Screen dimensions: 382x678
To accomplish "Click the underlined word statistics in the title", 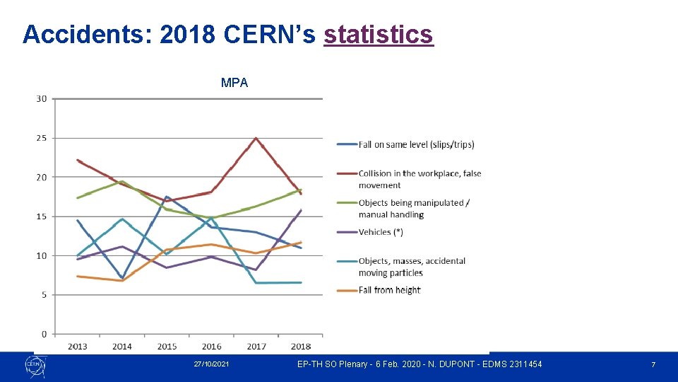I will pos(378,34).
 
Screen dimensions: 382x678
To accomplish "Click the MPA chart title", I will pos(234,83).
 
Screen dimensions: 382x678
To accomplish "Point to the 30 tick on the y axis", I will pos(41,99).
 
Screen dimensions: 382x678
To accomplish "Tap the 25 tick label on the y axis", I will pos(41,138).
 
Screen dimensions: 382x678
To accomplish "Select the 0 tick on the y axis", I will pos(44,334).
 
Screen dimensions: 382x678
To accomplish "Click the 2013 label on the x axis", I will pos(78,347).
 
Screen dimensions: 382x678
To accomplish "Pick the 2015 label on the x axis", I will pos(167,347).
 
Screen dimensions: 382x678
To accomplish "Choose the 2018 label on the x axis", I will pos(301,347).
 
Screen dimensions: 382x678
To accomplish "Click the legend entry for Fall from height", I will pos(389,290).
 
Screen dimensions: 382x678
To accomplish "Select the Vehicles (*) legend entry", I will pos(381,232).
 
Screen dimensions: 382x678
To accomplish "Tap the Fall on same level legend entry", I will pos(416,144).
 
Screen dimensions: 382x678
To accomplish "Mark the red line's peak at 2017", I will pos(256,138).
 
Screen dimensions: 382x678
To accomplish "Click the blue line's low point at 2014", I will pos(122,279).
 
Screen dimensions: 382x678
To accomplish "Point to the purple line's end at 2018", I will pos(301,210).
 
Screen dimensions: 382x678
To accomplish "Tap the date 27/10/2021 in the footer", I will pos(211,364).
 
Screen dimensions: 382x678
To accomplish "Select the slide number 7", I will pos(653,364).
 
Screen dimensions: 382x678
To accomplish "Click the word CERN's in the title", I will pos(270,34).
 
